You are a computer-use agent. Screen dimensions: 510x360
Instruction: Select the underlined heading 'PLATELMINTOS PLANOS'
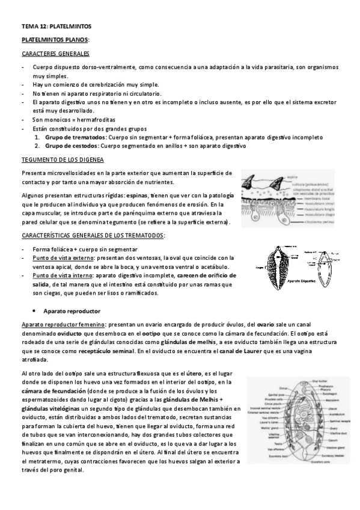tap(55, 40)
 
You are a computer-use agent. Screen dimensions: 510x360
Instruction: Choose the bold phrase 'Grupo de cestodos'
tap(69, 146)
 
